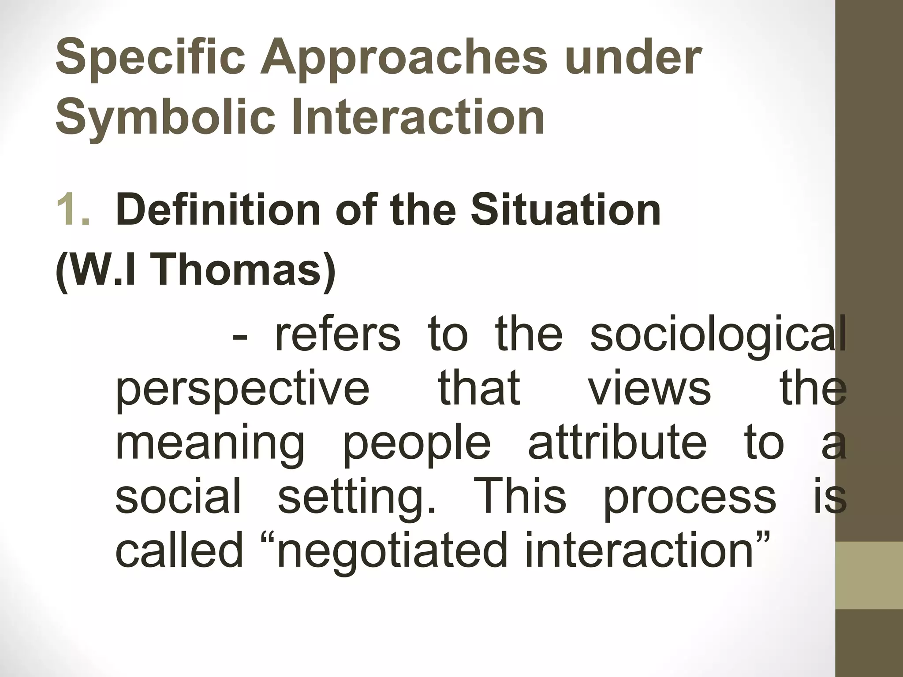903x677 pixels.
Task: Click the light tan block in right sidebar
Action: click(x=869, y=575)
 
